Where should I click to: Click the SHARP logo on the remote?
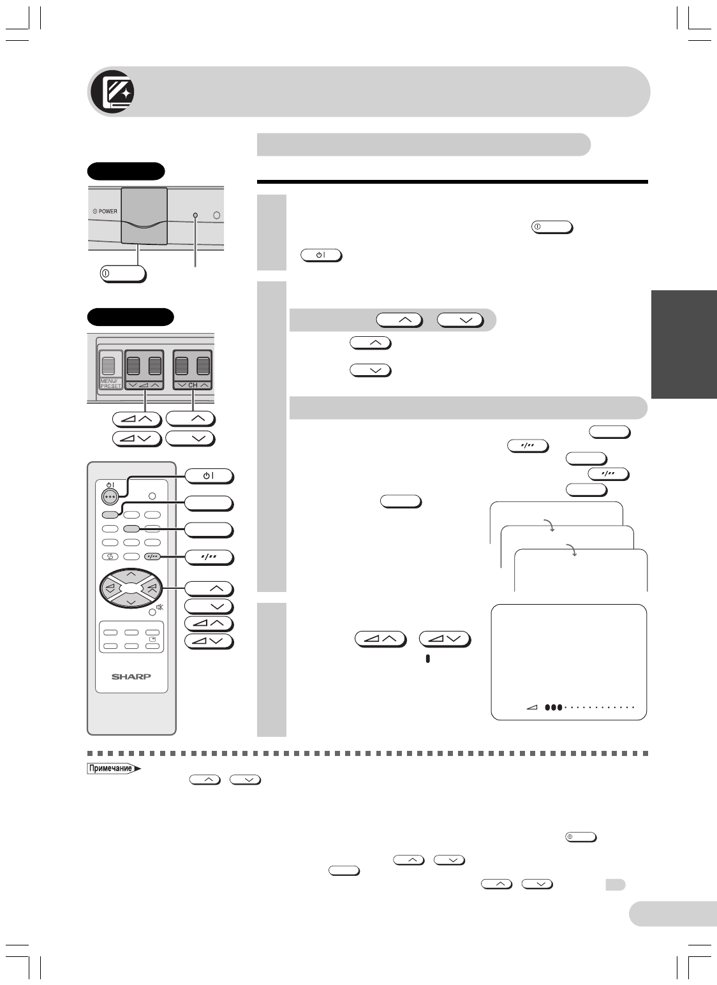pos(131,676)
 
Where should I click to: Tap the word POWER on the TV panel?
pos(105,211)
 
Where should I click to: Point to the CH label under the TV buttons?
pos(193,385)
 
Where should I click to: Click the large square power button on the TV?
pos(145,215)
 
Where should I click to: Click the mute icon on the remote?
pos(159,607)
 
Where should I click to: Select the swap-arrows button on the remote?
pos(110,556)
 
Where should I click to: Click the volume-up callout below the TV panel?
pos(135,419)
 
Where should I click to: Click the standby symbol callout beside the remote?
pos(209,476)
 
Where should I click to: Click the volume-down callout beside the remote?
pos(209,641)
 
